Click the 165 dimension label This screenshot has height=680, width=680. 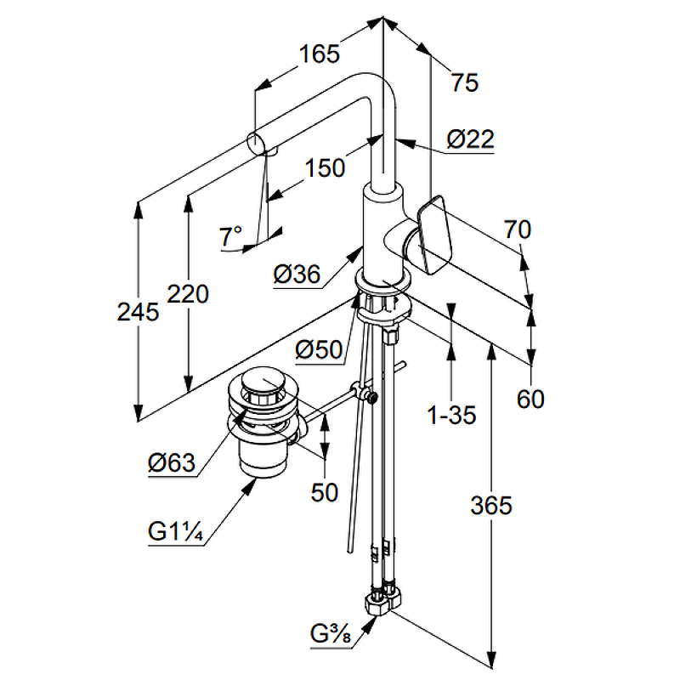point(319,54)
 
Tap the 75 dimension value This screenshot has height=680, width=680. point(465,82)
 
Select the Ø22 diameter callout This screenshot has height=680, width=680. point(469,139)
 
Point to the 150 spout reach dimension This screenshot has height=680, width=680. point(326,167)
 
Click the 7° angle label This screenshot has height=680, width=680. point(230,235)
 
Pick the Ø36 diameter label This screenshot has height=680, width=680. point(297,274)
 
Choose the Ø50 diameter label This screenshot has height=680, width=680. point(318,348)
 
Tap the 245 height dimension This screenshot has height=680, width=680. point(138,313)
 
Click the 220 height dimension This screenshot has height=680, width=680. point(188,294)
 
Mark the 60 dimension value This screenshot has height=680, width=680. point(530,398)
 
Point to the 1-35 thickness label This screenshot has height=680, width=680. point(451,416)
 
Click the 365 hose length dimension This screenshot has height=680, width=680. point(491,505)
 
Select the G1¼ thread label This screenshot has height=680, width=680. point(173,532)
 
